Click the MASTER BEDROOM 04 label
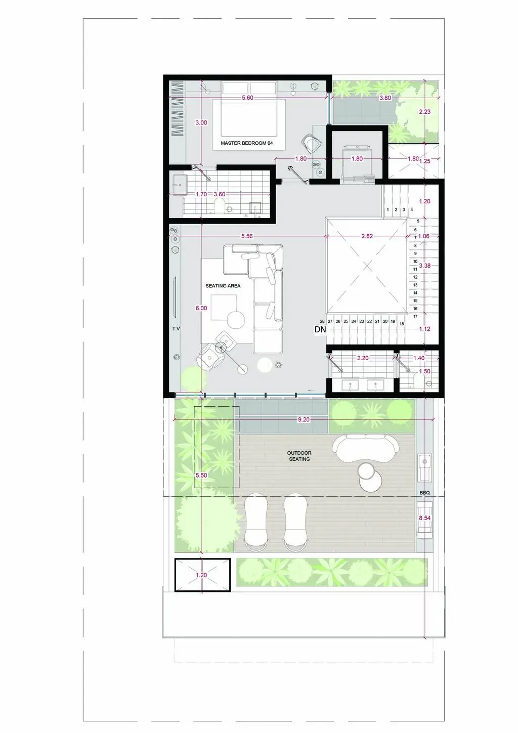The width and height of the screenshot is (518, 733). click(x=246, y=143)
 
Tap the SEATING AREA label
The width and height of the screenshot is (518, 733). click(x=223, y=286)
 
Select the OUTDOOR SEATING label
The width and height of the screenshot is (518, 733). click(x=299, y=456)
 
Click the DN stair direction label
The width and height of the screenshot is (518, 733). click(x=320, y=329)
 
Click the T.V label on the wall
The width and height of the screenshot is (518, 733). click(x=176, y=328)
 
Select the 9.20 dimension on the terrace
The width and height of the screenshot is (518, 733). click(x=304, y=419)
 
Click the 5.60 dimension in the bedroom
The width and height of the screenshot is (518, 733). click(x=247, y=98)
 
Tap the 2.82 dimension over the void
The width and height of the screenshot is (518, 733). click(x=367, y=236)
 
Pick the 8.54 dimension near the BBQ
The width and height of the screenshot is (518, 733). click(x=424, y=518)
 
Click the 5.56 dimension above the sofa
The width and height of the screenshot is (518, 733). click(x=247, y=236)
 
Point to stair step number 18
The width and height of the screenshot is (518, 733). click(x=402, y=324)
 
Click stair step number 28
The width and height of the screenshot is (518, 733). click(x=322, y=321)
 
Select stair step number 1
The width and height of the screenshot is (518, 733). click(x=388, y=209)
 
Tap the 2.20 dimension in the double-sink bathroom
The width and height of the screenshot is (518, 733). click(x=363, y=358)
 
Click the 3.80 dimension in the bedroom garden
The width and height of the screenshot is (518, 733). click(x=385, y=98)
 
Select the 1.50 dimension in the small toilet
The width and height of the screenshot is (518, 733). click(x=425, y=371)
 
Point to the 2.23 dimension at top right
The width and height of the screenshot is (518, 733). click(x=425, y=112)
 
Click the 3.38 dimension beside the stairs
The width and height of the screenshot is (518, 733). click(x=425, y=266)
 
